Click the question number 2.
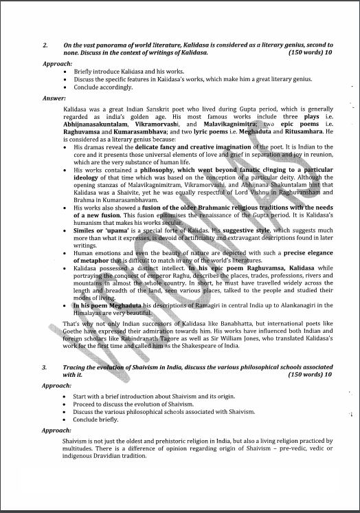coord(45,45)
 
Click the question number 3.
coord(45,369)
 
